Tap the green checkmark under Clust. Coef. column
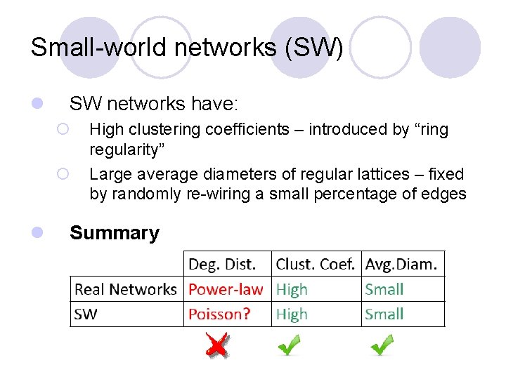coord(289,345)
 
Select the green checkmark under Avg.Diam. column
coord(382,345)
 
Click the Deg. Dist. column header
coord(221,265)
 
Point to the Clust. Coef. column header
coord(316,265)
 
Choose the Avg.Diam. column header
coord(401,265)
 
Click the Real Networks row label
coord(126,289)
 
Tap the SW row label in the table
coord(86,314)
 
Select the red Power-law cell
coord(226,289)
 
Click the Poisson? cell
coord(219,314)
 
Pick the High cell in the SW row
coord(292,314)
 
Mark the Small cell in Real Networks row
coord(384,289)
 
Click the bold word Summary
coord(115,233)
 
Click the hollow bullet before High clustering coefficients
coord(63,129)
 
